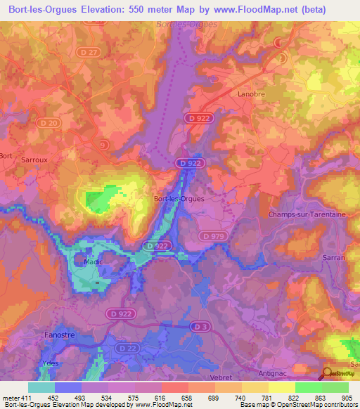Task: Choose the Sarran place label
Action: (334, 258)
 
